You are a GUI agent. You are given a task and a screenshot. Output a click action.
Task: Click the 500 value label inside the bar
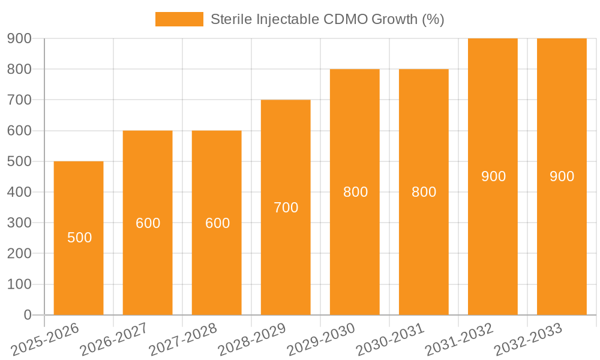80,238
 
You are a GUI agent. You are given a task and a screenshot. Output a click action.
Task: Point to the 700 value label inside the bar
286,208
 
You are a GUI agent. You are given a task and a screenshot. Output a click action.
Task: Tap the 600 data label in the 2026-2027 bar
148,223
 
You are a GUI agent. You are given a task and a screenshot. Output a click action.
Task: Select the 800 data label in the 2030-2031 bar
424,192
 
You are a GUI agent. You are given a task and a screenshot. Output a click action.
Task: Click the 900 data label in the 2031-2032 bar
493,176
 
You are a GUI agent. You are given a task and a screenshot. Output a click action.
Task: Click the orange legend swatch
179,19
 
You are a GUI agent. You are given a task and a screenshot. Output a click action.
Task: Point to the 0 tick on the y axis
27,315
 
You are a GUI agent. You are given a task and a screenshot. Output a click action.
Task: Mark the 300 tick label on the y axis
19,223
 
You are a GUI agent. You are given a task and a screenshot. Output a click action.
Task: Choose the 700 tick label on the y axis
19,100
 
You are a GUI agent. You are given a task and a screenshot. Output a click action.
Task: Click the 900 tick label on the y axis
19,38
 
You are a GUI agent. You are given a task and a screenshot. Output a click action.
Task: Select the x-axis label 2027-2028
183,340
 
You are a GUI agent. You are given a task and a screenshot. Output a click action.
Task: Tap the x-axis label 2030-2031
390,340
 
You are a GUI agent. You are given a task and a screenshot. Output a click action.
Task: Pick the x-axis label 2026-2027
114,340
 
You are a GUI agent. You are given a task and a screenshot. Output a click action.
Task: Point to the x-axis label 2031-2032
459,340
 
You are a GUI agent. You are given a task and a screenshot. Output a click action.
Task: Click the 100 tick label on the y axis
19,284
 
